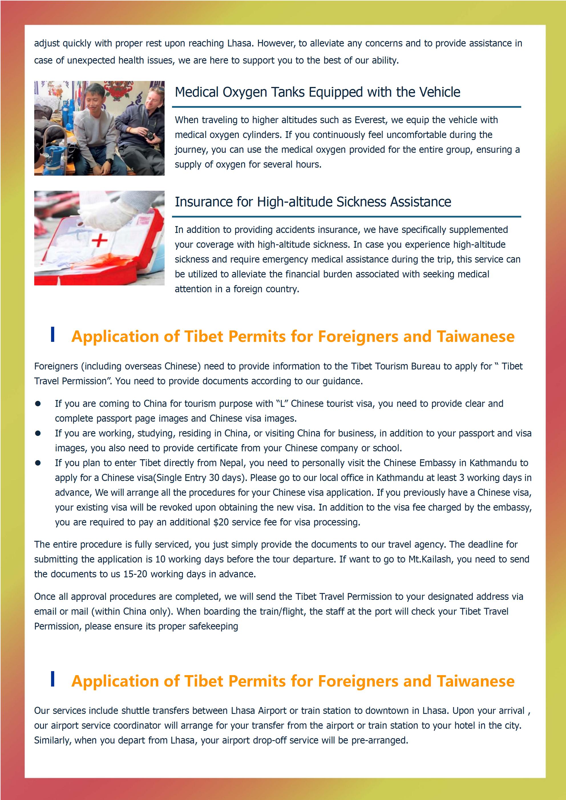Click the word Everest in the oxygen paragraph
370,120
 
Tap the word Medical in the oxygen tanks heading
197,92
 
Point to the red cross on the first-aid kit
99,240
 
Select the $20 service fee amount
221,522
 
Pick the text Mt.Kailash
430,559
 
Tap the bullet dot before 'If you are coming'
38,404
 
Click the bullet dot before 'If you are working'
38,433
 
